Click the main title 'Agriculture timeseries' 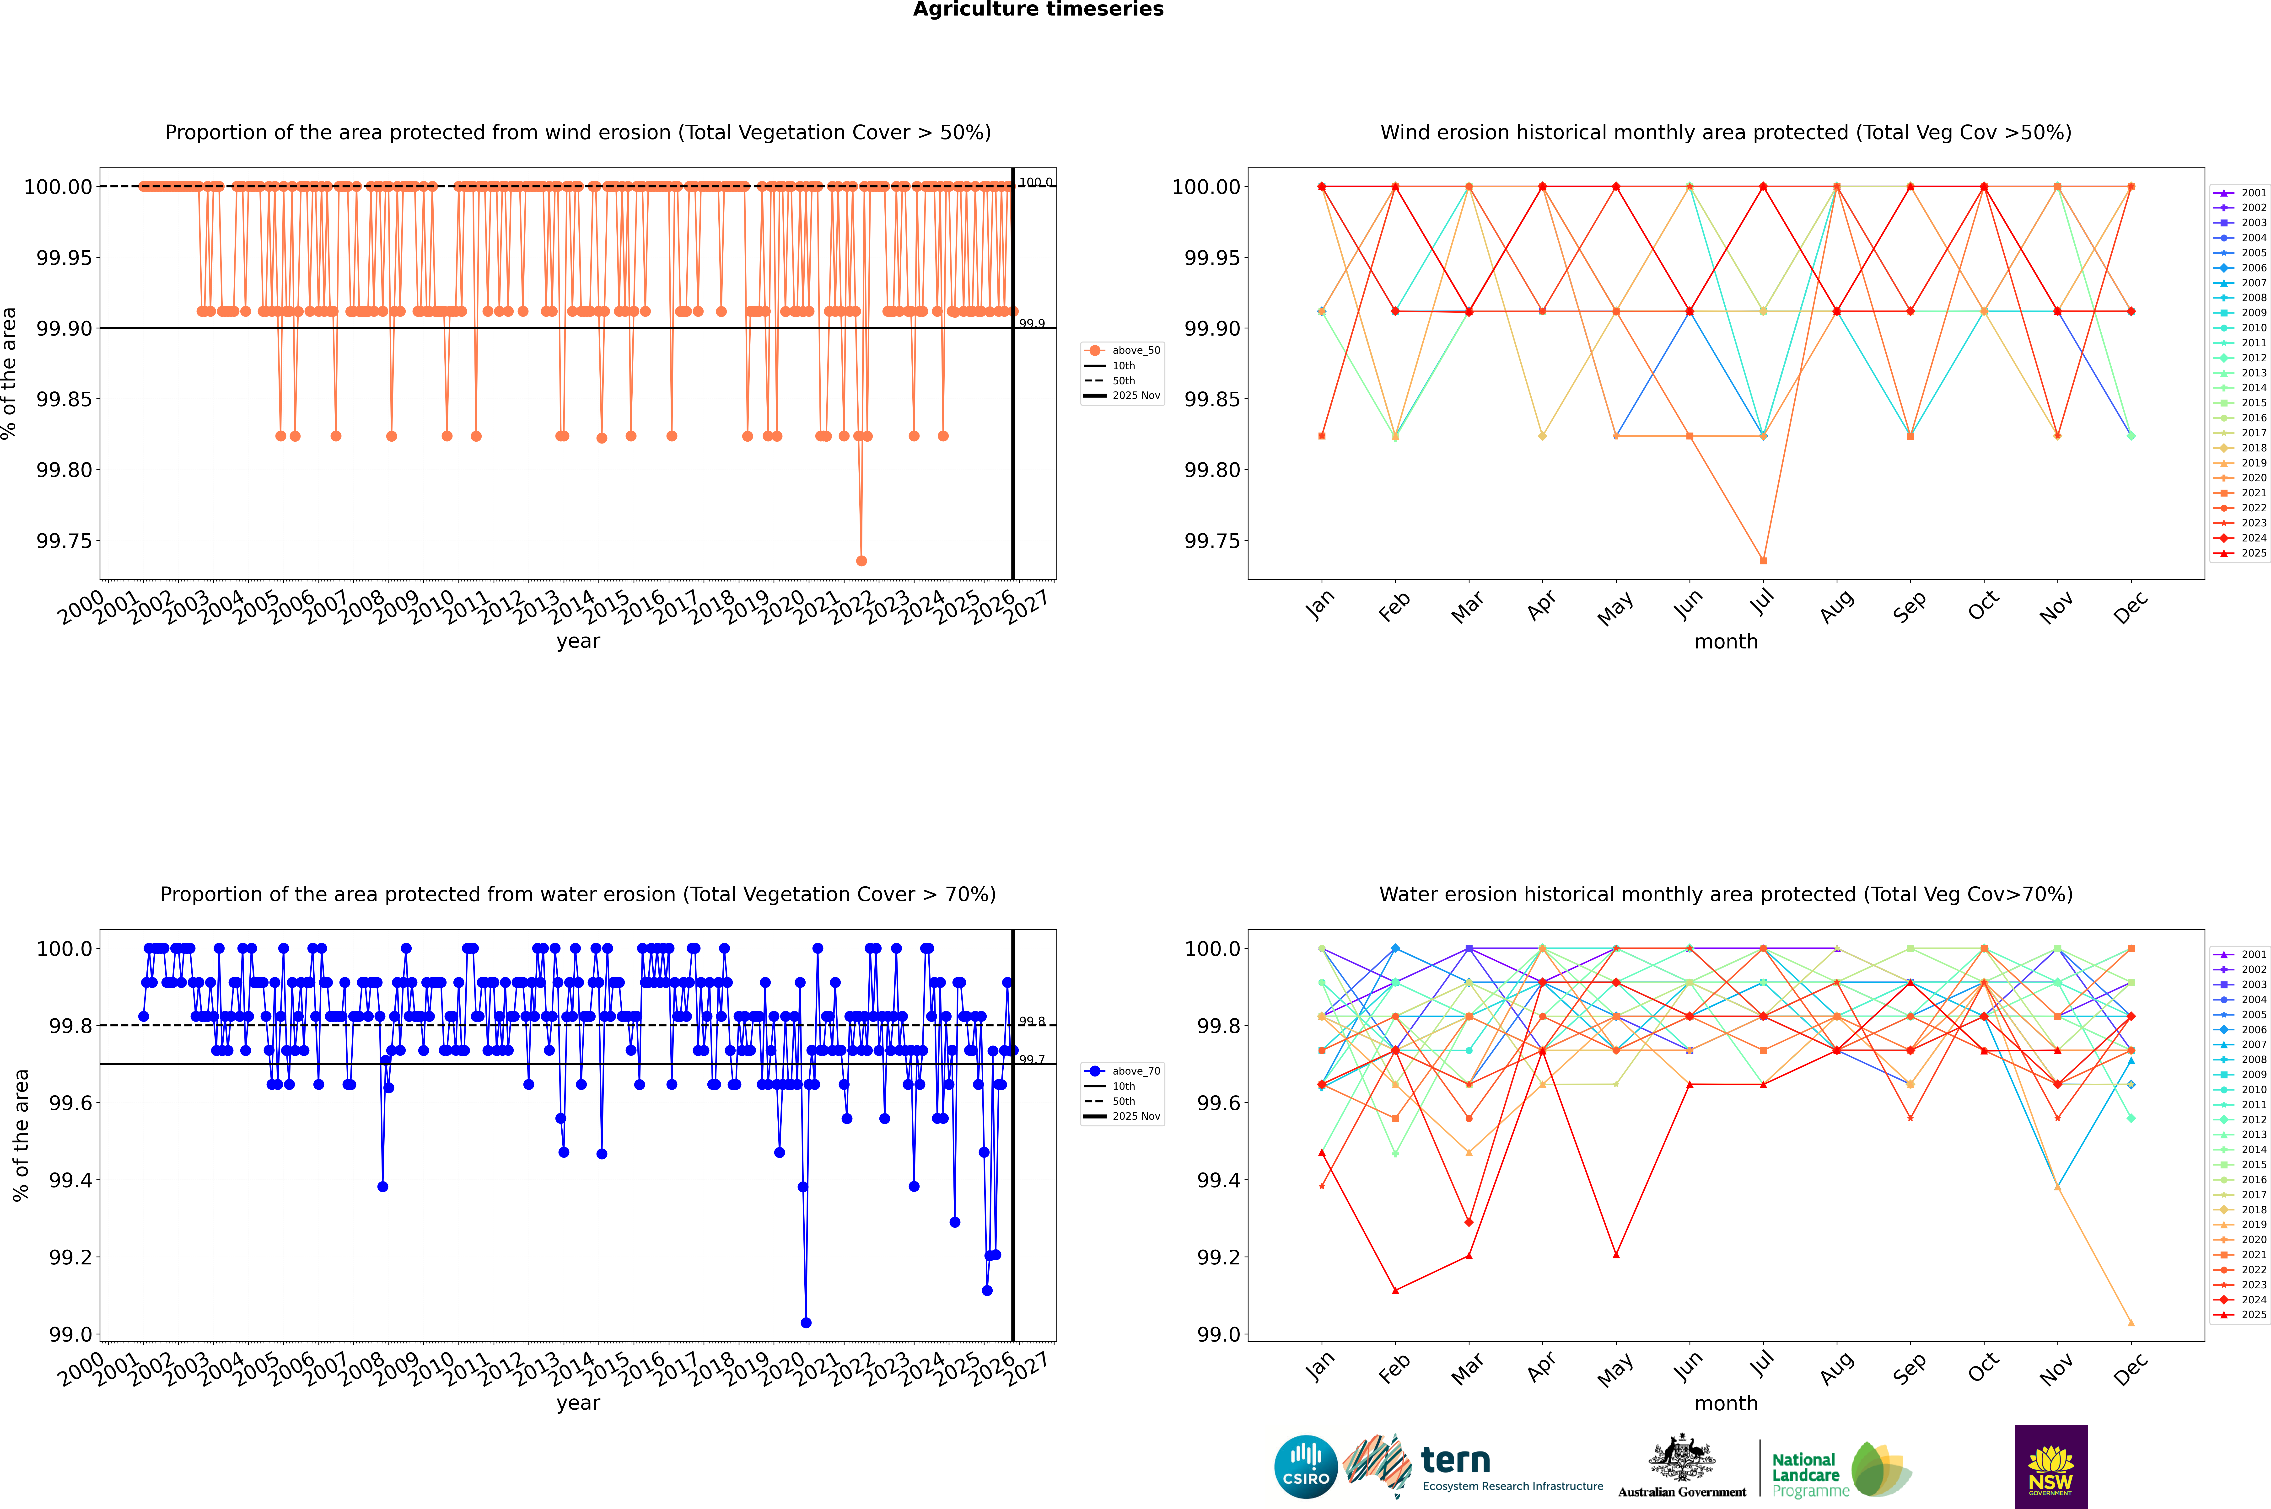click(x=1038, y=10)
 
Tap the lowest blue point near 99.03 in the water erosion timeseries click(x=806, y=1322)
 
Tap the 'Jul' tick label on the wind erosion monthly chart click(x=1761, y=603)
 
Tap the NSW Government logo click(x=2050, y=1467)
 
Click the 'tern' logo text click(x=1456, y=1461)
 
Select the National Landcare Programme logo click(x=1841, y=1470)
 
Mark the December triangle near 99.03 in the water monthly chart click(x=2131, y=1322)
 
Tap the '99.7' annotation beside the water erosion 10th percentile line click(x=1032, y=1060)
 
